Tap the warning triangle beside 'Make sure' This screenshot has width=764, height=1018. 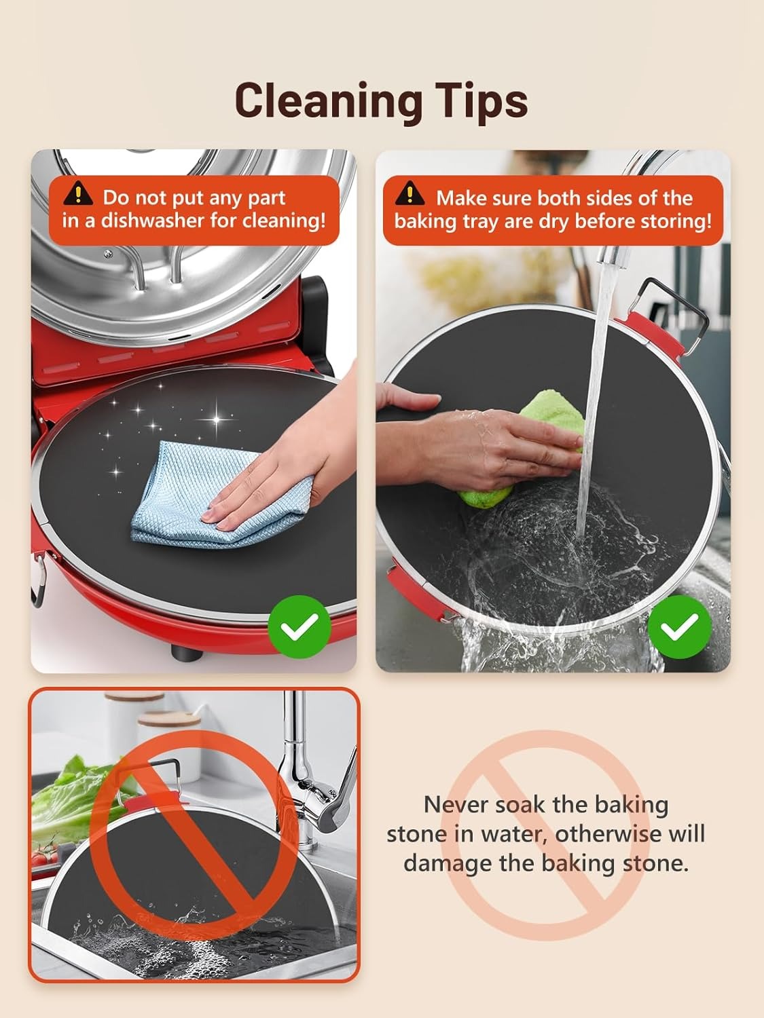[x=410, y=193]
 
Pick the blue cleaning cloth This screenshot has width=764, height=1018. [x=218, y=494]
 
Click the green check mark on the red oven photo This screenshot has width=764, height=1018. [x=299, y=626]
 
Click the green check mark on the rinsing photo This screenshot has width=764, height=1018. [x=680, y=626]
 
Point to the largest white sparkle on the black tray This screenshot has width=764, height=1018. [x=216, y=419]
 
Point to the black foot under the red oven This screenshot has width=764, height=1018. [x=187, y=653]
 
